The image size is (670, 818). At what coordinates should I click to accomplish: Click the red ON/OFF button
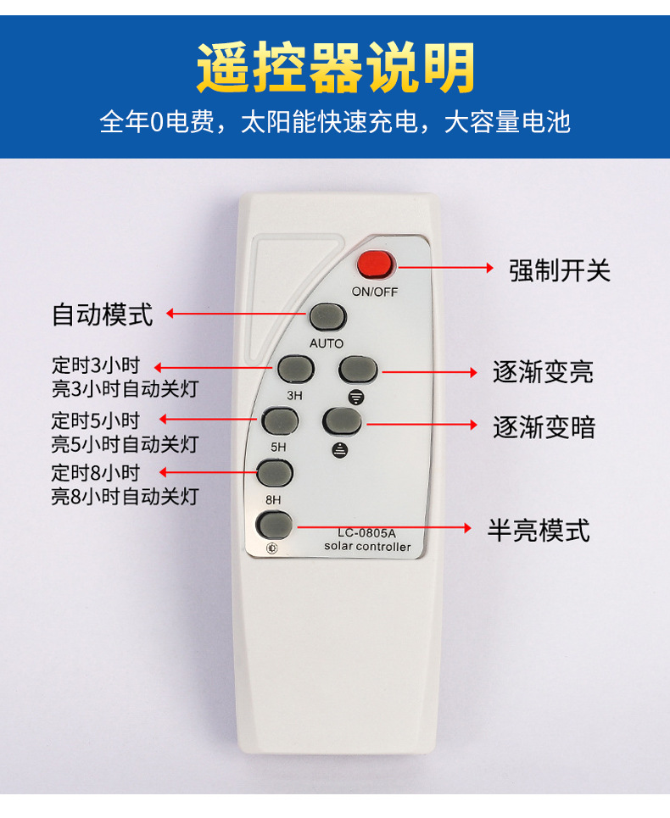376,264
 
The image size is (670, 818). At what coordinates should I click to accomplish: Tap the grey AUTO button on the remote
327,316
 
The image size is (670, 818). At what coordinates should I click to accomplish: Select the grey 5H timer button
280,421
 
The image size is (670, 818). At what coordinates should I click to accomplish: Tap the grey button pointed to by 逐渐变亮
358,370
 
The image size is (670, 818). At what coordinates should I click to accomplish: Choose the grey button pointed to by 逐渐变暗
342,421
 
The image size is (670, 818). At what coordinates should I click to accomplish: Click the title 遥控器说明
336,67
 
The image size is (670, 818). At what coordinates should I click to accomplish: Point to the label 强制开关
559,270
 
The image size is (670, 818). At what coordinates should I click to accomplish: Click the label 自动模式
103,314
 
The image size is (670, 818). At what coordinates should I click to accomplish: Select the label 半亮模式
539,531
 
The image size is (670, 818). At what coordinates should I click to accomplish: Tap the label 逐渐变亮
544,372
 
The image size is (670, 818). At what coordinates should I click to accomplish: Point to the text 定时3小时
95,366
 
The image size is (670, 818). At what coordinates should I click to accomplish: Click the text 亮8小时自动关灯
125,496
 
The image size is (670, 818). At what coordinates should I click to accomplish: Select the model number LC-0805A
366,533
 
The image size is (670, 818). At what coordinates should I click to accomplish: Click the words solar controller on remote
366,547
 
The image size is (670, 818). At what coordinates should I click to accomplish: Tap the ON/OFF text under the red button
375,291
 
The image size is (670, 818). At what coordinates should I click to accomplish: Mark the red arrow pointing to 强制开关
445,267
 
